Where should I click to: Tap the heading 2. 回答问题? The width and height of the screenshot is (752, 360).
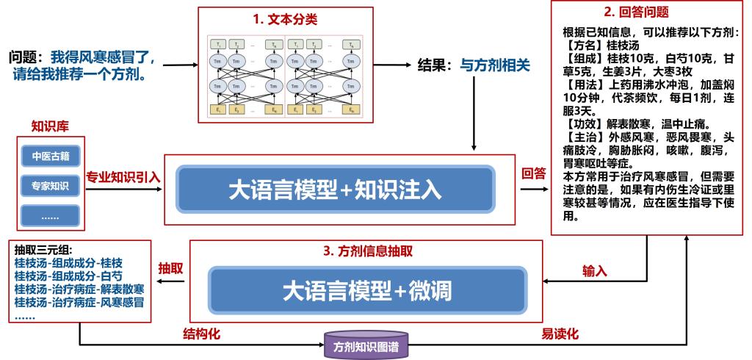636,12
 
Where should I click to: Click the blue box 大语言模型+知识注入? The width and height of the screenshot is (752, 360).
334,190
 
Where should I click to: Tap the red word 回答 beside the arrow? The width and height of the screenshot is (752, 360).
533,174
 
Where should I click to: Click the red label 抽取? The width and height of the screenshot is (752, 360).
170,269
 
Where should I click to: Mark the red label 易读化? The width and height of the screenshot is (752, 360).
560,334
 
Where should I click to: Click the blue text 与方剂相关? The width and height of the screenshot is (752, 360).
495,65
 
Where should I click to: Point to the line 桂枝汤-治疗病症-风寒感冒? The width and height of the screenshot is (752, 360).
79,302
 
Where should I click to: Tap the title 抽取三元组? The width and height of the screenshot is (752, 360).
45,248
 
